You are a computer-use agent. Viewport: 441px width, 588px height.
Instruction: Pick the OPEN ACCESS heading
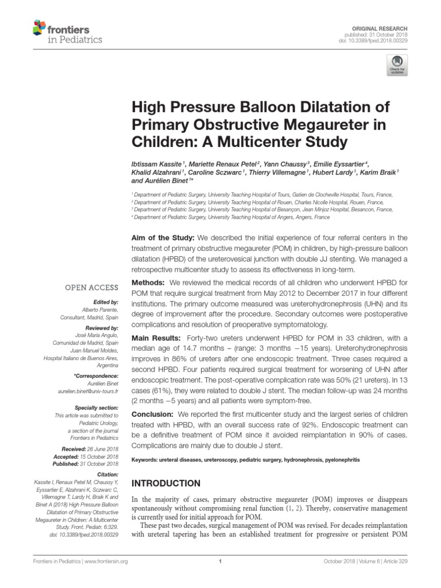point(92,287)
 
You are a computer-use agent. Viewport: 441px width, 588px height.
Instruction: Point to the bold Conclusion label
point(153,414)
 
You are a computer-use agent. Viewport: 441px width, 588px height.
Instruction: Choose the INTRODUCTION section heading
point(167,483)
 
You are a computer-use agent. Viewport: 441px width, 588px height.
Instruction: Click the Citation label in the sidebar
point(107,475)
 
